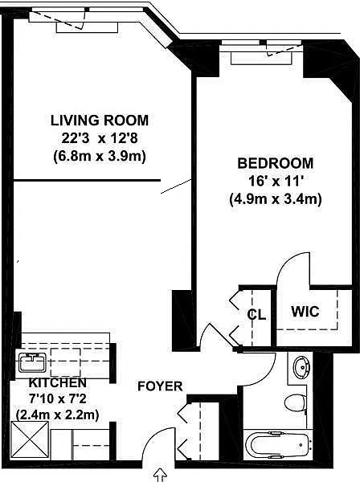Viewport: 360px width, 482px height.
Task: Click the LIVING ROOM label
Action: coord(100,120)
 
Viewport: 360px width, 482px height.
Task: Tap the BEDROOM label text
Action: coord(276,163)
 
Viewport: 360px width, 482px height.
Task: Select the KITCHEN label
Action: coord(58,383)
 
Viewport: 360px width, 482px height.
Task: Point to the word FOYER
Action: coord(160,386)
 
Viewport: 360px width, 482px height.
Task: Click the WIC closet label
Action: coord(305,312)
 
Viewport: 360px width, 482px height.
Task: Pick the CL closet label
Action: coord(256,314)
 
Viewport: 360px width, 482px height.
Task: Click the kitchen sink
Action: coord(32,362)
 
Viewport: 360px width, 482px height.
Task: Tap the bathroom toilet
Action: coord(295,402)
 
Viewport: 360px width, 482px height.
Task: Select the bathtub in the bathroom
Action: coord(279,444)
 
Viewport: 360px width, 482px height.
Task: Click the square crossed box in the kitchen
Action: coord(30,440)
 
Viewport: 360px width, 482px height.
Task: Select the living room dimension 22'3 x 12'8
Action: coord(100,139)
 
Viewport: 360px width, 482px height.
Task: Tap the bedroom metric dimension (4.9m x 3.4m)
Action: coord(276,199)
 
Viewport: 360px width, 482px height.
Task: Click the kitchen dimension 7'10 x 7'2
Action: coord(58,399)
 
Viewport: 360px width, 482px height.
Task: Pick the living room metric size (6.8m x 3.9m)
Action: coord(100,157)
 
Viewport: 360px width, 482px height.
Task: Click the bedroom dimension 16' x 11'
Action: coord(276,182)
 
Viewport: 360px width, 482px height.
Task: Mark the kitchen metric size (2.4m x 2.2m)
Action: coord(58,415)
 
